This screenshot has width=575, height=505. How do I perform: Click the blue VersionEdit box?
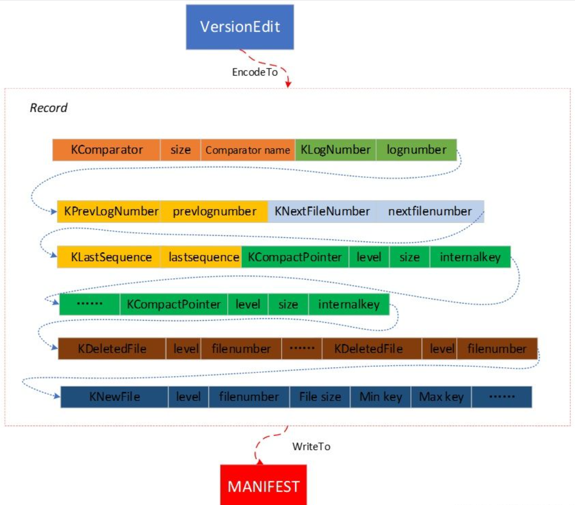point(240,27)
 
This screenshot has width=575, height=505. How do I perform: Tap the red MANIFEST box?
point(263,485)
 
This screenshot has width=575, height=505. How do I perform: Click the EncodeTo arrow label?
point(255,72)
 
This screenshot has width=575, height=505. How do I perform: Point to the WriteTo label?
point(311,447)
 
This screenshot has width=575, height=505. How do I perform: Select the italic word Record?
point(49,108)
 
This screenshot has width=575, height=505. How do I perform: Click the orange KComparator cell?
point(106,150)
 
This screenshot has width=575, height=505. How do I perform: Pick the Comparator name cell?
point(248,150)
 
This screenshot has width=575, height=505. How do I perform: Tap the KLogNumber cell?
point(335,150)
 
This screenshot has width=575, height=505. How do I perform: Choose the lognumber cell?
point(416,150)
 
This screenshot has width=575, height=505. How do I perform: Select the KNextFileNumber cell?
point(322,211)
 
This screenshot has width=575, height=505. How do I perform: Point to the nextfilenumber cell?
point(430,211)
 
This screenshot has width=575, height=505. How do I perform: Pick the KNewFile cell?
point(115,397)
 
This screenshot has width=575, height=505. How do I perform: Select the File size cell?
point(320,397)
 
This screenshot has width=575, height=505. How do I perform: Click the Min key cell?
point(380,397)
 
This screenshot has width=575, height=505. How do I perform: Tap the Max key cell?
point(441,397)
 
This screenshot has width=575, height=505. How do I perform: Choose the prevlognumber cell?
point(215,211)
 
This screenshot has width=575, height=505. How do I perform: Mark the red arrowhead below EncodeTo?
point(288,84)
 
